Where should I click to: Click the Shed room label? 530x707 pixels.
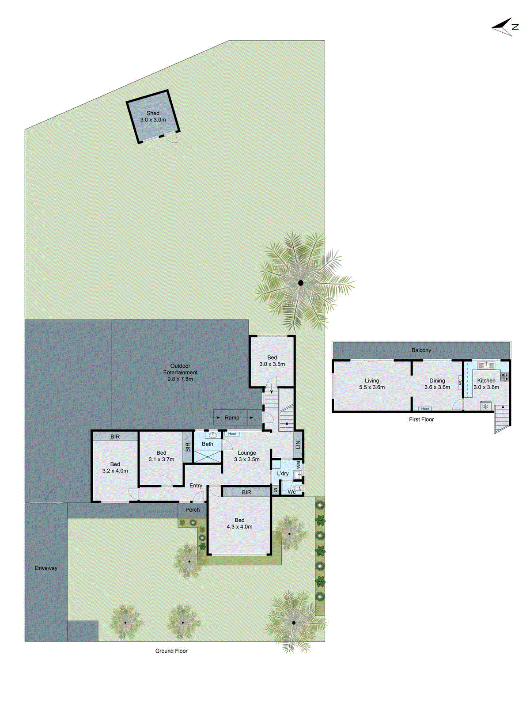point(153,117)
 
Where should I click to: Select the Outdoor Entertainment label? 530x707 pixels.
point(180,373)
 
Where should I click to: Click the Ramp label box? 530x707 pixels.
point(232,418)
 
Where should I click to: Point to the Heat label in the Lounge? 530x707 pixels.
point(232,434)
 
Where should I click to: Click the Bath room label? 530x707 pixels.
point(208,444)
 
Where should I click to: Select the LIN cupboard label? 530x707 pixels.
point(298,445)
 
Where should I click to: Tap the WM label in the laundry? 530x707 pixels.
point(299,465)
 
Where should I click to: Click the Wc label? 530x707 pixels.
point(291,492)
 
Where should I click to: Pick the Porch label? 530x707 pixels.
point(193,510)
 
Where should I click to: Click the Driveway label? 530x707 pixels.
point(46,568)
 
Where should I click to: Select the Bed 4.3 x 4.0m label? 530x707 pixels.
point(239,524)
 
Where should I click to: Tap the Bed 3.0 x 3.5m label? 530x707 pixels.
point(272,361)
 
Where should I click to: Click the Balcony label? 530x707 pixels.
point(421,350)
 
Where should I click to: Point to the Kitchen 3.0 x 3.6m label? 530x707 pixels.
point(486,384)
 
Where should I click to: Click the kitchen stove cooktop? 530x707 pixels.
point(504,377)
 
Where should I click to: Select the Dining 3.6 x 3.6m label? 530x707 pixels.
point(437,384)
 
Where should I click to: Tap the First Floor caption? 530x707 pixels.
point(421,420)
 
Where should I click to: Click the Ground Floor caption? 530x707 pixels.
point(171,651)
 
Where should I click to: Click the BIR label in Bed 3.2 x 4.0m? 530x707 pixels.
point(115,437)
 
